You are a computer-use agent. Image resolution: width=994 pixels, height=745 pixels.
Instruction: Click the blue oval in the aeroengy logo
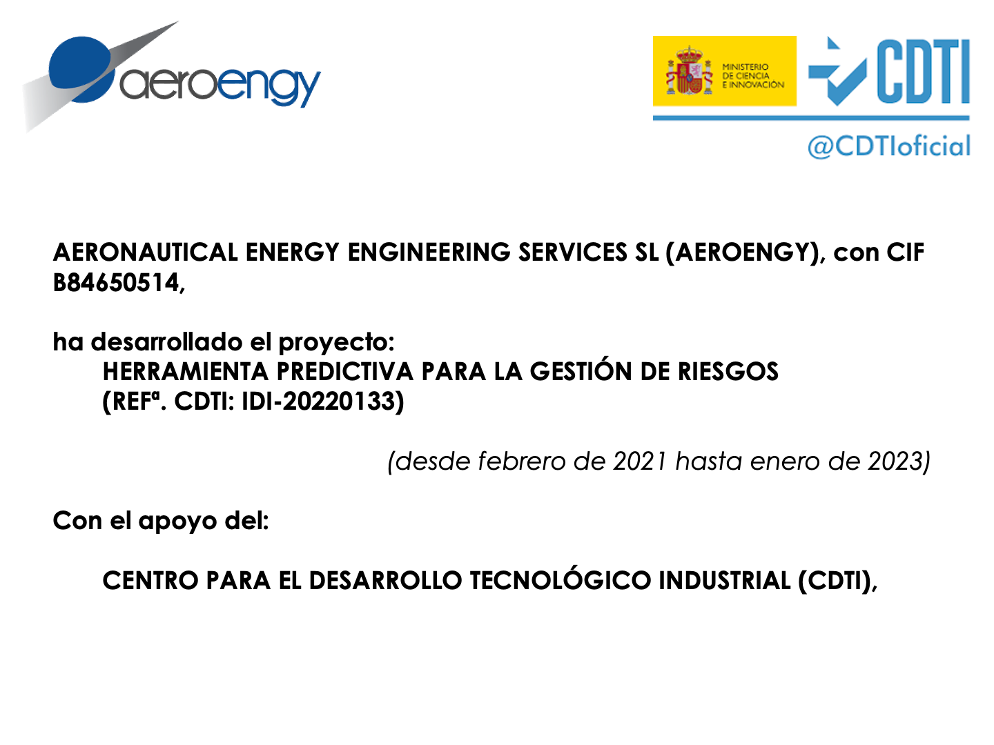click(81, 69)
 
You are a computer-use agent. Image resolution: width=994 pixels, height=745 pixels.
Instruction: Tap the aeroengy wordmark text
click(220, 86)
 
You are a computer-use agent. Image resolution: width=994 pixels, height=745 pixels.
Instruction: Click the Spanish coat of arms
click(689, 71)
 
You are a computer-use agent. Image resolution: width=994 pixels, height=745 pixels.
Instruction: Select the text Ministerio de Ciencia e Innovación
click(752, 76)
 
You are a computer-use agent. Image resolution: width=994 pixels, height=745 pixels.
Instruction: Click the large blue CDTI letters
click(922, 71)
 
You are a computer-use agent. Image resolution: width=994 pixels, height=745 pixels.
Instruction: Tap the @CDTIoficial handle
click(889, 146)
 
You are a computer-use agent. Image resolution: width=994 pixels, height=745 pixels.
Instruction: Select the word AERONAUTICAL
click(146, 252)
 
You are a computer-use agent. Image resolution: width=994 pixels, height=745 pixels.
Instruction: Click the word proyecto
click(336, 343)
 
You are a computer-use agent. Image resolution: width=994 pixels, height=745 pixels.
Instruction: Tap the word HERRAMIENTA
click(186, 372)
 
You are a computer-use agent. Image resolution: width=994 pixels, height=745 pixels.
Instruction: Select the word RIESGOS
click(728, 372)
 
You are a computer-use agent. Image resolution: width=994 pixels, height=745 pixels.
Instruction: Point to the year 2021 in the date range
click(640, 462)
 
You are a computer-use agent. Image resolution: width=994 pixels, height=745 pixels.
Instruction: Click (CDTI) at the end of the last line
click(835, 582)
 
